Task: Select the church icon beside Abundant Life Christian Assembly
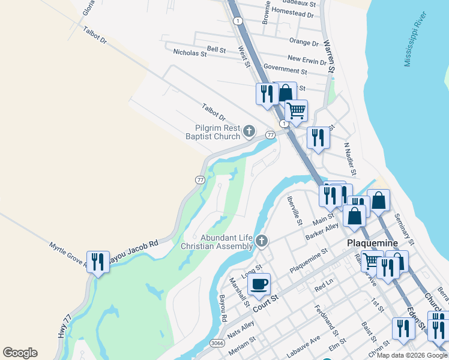[x=261, y=241]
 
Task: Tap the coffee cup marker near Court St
[x=259, y=284]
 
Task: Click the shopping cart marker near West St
[x=296, y=110]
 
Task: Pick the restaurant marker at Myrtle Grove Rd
[x=98, y=261]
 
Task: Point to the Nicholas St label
[x=190, y=53]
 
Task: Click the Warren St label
[x=329, y=57]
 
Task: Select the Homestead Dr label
[x=292, y=12]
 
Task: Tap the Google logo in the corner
[x=20, y=353]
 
